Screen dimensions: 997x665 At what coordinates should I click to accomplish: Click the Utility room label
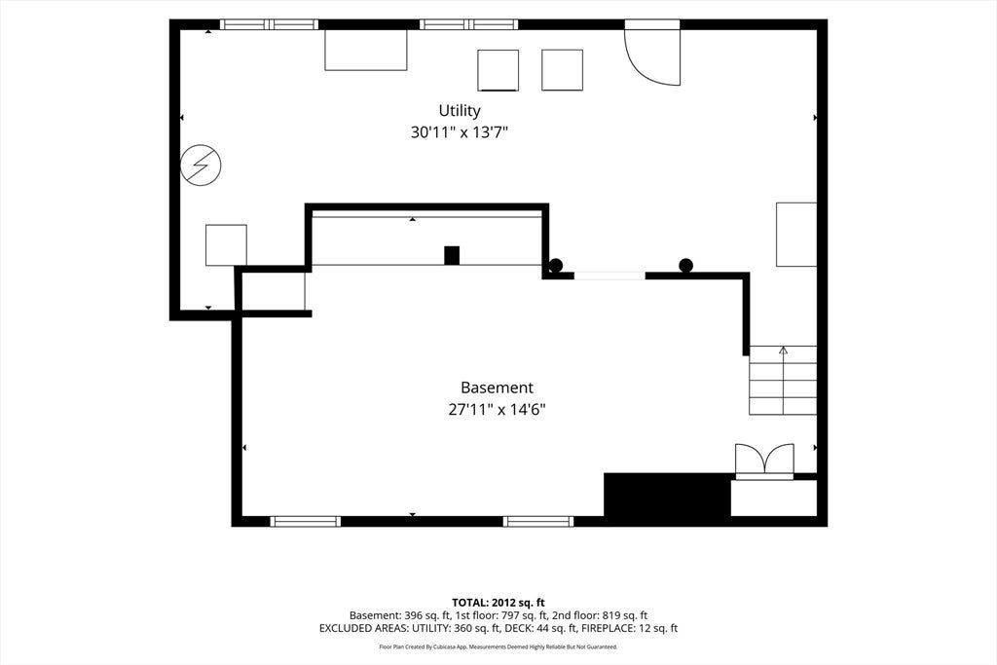460,111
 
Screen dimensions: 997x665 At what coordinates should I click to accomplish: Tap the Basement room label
497,388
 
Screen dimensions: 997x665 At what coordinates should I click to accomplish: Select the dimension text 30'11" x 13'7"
460,132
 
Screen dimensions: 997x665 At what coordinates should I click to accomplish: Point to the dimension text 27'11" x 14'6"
498,410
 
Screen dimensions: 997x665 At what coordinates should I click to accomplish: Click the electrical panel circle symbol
201,166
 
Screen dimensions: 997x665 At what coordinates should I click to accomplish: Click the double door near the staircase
764,459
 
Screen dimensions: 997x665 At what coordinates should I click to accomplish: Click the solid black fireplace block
667,495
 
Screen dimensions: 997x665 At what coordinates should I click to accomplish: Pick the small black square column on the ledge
452,255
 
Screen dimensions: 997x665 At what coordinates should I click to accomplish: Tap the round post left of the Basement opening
556,266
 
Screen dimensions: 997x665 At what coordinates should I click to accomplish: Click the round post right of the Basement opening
685,265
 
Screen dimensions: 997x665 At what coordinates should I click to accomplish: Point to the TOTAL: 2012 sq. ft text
498,602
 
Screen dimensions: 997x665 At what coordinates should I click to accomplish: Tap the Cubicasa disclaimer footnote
498,647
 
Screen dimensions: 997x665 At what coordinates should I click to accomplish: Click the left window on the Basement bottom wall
305,521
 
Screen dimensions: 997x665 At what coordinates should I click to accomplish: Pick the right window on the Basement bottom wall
537,521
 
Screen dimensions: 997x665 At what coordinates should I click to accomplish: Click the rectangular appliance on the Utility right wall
796,235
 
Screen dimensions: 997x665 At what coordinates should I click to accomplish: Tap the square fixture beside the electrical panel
226,244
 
